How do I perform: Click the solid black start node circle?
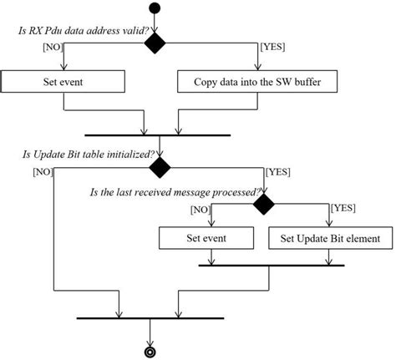coord(153,9)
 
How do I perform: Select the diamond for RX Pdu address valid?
coord(155,44)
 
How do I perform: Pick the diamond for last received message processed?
coord(265,203)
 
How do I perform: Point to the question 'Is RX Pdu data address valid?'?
coord(79,31)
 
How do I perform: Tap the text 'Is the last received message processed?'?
coord(173,191)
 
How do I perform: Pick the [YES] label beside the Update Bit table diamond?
coord(277,172)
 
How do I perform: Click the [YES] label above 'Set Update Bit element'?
coord(343,207)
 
